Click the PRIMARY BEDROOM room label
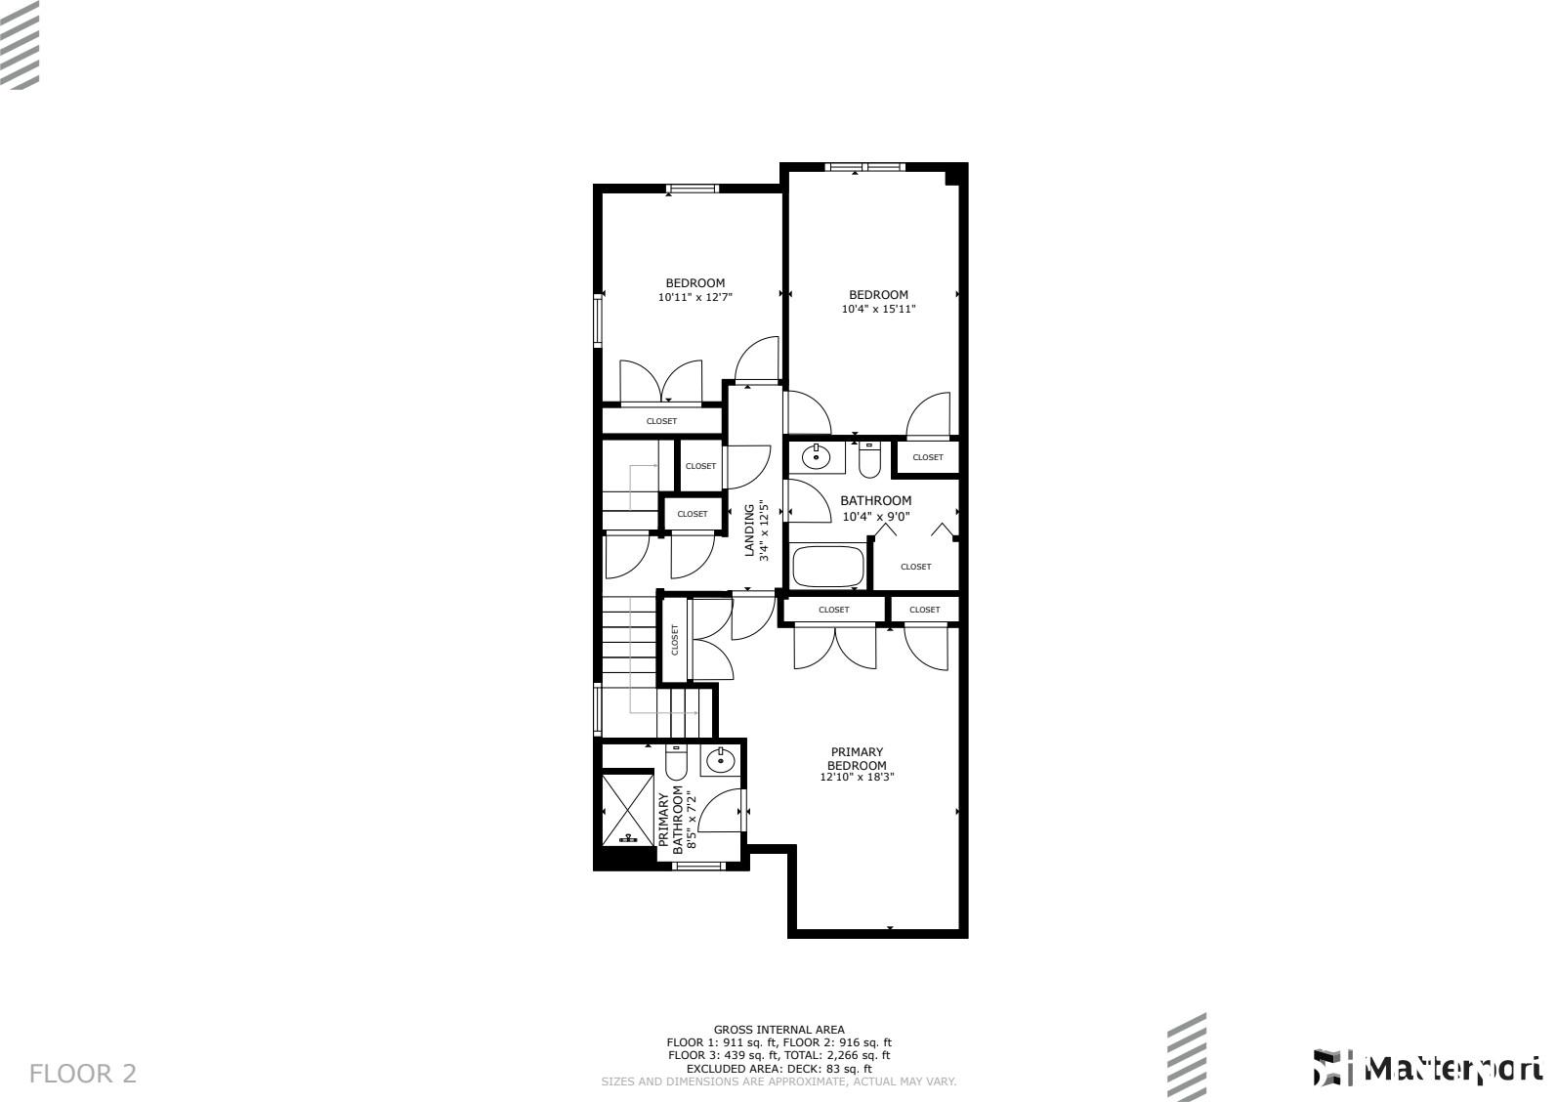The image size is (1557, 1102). point(857,759)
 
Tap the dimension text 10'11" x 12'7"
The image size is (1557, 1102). point(694,297)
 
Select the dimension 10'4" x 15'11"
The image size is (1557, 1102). point(878,309)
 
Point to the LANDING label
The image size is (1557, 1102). point(750,530)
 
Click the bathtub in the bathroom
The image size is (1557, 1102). point(828,567)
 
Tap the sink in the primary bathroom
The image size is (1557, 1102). point(721,759)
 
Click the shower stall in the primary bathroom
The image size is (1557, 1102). point(627,808)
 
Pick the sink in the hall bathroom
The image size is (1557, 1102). point(816,456)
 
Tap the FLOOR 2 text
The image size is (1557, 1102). point(83,1075)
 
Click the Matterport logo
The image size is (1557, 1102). point(1427,1068)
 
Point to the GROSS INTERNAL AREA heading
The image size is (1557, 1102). point(778,1030)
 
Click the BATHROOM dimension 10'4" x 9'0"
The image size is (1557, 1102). point(876,517)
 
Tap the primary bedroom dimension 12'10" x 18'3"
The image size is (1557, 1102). point(857,778)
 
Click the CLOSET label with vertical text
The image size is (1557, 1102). point(674,641)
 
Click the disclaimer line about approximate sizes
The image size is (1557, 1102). point(778,1081)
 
